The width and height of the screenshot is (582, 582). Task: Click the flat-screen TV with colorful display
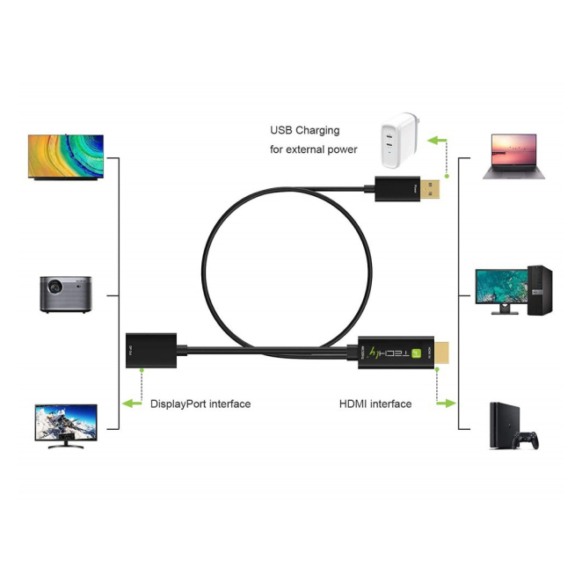click(x=65, y=156)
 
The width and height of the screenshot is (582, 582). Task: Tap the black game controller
click(x=528, y=439)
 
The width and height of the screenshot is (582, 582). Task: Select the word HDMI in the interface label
click(x=353, y=404)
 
